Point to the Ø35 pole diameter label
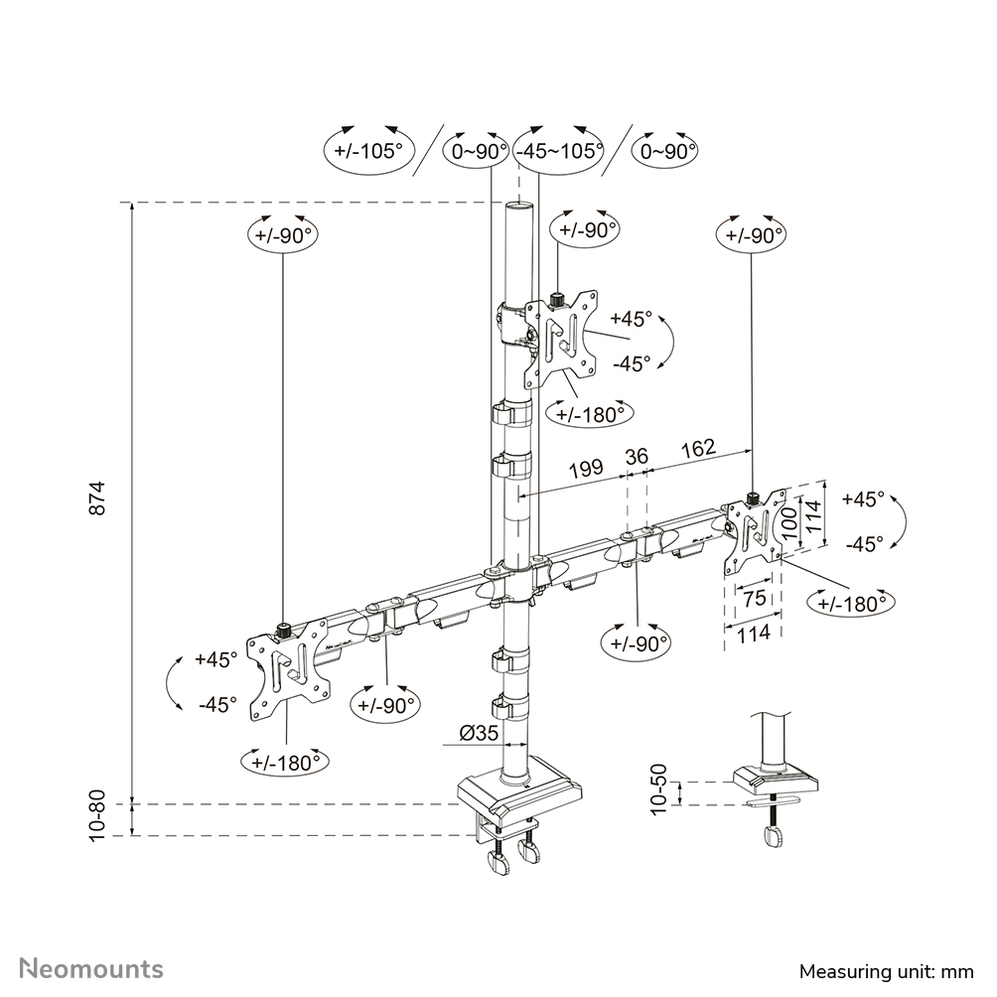tap(479, 734)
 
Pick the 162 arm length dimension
tap(698, 449)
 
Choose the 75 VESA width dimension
tap(754, 598)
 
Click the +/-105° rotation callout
tap(368, 151)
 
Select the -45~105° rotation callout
tap(558, 151)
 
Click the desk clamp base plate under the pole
tap(518, 794)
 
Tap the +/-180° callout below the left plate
tap(285, 762)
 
